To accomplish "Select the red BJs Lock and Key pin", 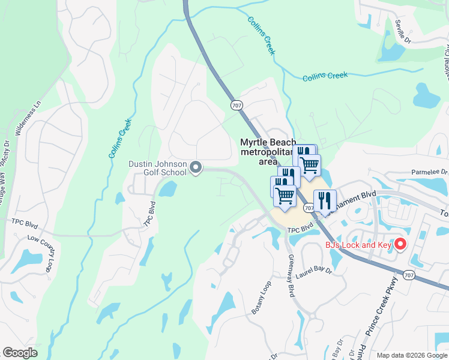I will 400,244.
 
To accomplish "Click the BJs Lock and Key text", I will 358,245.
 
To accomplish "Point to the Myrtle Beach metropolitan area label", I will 268,152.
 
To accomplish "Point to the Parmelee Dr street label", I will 430,173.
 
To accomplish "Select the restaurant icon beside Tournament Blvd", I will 325,200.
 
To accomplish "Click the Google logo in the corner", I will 20,353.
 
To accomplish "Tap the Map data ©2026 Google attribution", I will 411,355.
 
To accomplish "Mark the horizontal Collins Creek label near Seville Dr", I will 325,76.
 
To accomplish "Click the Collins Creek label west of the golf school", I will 120,139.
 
